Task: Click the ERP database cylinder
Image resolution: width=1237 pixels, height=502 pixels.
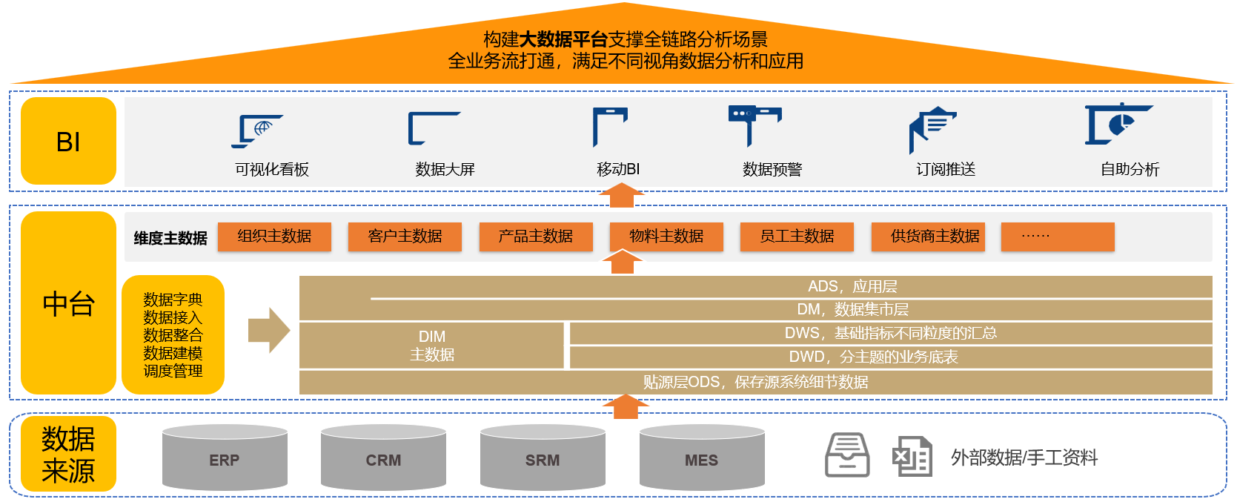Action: (225, 458)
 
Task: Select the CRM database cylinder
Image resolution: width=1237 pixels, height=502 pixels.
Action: (383, 458)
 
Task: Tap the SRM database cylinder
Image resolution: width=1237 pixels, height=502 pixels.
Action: (543, 458)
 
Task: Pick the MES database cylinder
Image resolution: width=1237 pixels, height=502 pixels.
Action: (702, 458)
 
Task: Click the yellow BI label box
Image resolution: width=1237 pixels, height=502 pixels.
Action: (68, 141)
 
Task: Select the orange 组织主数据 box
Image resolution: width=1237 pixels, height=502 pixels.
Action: (274, 237)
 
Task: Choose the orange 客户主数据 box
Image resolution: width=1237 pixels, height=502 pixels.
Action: (405, 237)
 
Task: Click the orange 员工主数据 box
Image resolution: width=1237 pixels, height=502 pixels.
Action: (797, 237)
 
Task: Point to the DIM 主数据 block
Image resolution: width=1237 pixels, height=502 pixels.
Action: (431, 346)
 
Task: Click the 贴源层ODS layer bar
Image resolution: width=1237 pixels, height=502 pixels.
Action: (755, 383)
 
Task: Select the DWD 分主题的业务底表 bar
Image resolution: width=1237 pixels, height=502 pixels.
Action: (890, 357)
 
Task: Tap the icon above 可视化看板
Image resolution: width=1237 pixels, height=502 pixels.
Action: (256, 131)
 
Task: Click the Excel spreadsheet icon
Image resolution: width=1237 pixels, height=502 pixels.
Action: (912, 456)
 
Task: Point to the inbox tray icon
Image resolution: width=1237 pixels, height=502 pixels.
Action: (847, 455)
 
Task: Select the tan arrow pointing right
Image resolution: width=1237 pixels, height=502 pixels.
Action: (268, 330)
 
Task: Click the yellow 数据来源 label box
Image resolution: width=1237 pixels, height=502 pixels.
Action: (68, 454)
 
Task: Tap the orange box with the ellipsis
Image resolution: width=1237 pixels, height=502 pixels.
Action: (1058, 237)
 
